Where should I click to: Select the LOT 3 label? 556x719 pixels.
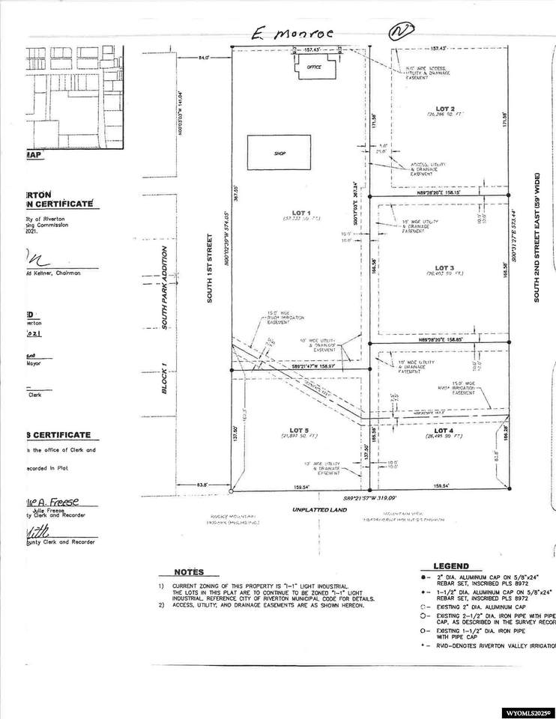pyautogui.click(x=444, y=267)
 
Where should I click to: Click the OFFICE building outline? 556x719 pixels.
pyautogui.click(x=312, y=67)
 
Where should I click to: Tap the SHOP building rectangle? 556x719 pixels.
pyautogui.click(x=279, y=153)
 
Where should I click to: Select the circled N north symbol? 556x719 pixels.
pyautogui.click(x=402, y=32)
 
